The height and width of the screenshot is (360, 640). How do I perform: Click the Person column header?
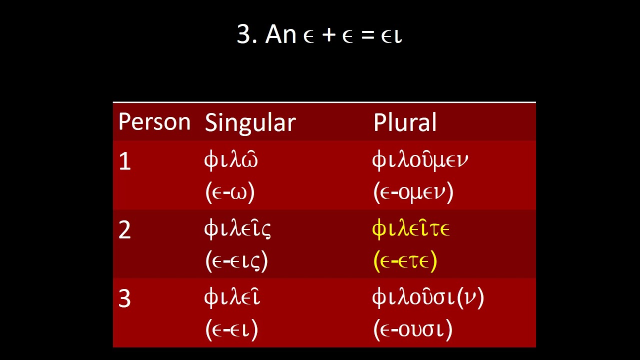(x=154, y=122)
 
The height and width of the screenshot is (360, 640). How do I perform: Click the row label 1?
(x=124, y=162)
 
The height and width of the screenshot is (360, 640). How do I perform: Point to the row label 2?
(x=124, y=230)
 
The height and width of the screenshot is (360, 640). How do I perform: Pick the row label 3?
(x=124, y=298)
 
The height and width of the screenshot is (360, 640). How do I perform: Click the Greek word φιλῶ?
(x=231, y=160)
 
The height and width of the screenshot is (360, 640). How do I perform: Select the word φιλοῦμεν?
(x=420, y=160)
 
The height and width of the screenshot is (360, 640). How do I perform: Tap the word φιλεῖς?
(x=237, y=229)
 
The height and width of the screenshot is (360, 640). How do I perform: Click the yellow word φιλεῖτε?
(x=411, y=229)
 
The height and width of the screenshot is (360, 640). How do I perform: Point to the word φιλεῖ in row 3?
(x=232, y=297)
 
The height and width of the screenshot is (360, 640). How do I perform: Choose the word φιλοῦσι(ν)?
(x=428, y=297)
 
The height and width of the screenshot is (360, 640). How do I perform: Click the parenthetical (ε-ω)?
(x=230, y=192)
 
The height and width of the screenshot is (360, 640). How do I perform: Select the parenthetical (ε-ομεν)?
(x=413, y=192)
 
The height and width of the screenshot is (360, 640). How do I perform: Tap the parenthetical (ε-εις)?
(x=236, y=261)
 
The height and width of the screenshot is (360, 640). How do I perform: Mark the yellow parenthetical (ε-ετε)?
(x=405, y=261)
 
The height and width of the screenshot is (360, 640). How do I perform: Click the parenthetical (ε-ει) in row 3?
(x=231, y=329)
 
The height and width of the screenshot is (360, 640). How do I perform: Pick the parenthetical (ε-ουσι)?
(x=413, y=329)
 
